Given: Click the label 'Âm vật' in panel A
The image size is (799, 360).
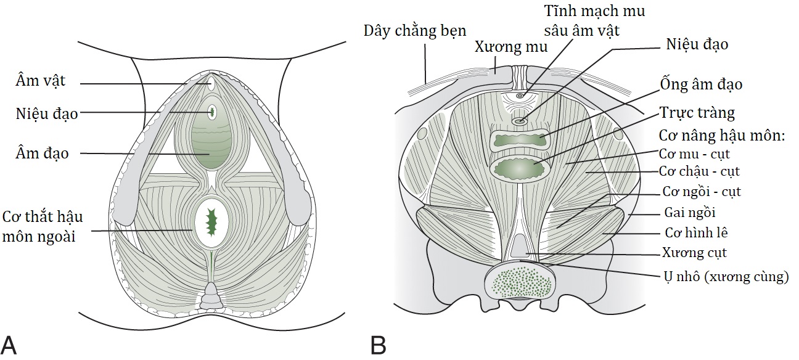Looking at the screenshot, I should pyautogui.click(x=41, y=81).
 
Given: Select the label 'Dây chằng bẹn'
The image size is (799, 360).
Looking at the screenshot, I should pyautogui.click(x=415, y=30).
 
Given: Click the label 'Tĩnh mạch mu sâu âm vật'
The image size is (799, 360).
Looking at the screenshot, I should pyautogui.click(x=594, y=20).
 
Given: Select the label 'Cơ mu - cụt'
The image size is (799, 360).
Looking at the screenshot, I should pyautogui.click(x=694, y=153).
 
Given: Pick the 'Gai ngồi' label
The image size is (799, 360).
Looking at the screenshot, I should pyautogui.click(x=689, y=213).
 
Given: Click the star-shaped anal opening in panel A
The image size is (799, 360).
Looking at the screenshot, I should pyautogui.click(x=211, y=223).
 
